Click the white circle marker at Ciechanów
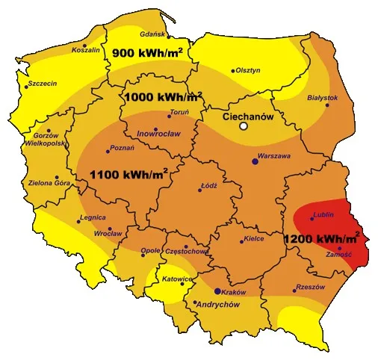[x=243, y=127]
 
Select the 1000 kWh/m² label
[x=163, y=97]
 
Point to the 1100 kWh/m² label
[x=128, y=174]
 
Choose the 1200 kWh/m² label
[x=322, y=239]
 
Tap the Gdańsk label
[x=152, y=34]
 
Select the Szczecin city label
[x=43, y=84]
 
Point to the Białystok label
[x=323, y=98]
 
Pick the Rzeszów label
[x=309, y=287]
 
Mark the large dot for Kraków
[x=217, y=291]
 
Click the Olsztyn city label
[x=247, y=70]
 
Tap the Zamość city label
[x=339, y=255]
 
